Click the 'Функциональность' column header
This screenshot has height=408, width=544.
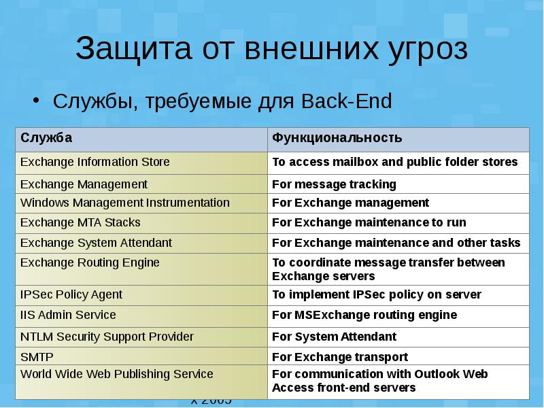[x=337, y=138]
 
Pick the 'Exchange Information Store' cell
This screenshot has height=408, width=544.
[x=95, y=162]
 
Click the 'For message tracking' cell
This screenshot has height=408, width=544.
[x=334, y=184]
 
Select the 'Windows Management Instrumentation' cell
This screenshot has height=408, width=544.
[x=125, y=203]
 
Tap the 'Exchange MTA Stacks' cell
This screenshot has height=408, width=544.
[x=80, y=222]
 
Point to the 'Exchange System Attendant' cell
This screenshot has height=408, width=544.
[x=96, y=243]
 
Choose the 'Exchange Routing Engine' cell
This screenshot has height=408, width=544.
[x=90, y=262]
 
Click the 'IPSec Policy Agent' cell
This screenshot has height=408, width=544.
[x=71, y=294]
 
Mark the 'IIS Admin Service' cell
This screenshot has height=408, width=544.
[x=68, y=315]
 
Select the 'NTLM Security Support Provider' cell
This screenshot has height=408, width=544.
[x=107, y=337]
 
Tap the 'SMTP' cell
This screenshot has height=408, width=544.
[x=37, y=357]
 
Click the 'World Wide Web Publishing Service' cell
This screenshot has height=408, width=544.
[x=116, y=374]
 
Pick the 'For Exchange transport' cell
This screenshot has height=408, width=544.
[x=340, y=357]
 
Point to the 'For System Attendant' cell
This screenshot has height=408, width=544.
[x=334, y=337]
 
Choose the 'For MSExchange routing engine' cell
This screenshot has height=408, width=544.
[x=364, y=315]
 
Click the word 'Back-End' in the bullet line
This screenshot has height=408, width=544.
[x=357, y=102]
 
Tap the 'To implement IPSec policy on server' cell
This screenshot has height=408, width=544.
[x=377, y=294]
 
